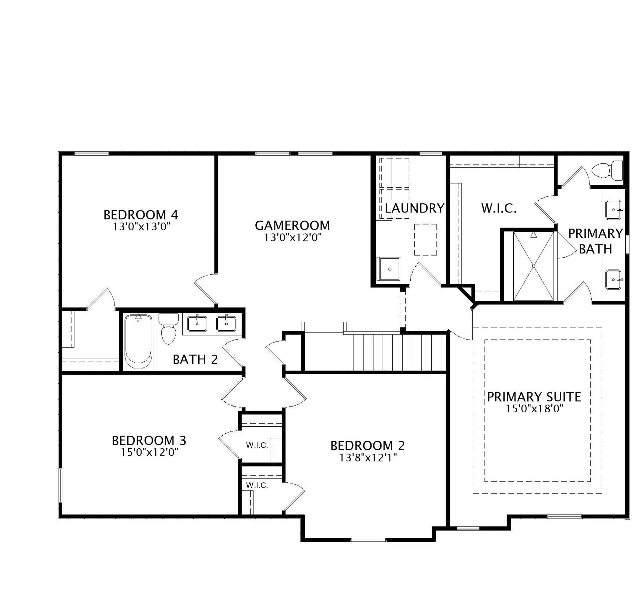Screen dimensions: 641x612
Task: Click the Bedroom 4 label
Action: [141, 215]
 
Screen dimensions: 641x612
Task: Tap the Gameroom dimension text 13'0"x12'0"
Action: [293, 237]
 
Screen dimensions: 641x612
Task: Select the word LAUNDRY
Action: [415, 208]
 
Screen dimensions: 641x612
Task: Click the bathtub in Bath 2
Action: [138, 341]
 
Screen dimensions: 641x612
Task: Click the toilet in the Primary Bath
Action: [608, 171]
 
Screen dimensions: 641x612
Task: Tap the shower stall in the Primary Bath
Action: [533, 266]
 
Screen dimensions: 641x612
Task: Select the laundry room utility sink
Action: [388, 269]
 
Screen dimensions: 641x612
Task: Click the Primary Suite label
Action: [534, 397]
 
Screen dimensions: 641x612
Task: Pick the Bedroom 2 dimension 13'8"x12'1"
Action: [368, 457]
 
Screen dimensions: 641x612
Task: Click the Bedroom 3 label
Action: [149, 440]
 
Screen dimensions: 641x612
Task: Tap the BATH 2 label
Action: [195, 359]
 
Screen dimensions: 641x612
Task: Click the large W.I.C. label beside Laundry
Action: [499, 208]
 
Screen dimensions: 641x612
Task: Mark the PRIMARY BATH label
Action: [596, 241]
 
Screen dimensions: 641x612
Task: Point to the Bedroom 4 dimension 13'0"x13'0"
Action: [142, 227]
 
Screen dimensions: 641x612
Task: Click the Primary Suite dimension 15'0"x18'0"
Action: [535, 408]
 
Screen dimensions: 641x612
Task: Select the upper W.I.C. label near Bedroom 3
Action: [257, 445]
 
